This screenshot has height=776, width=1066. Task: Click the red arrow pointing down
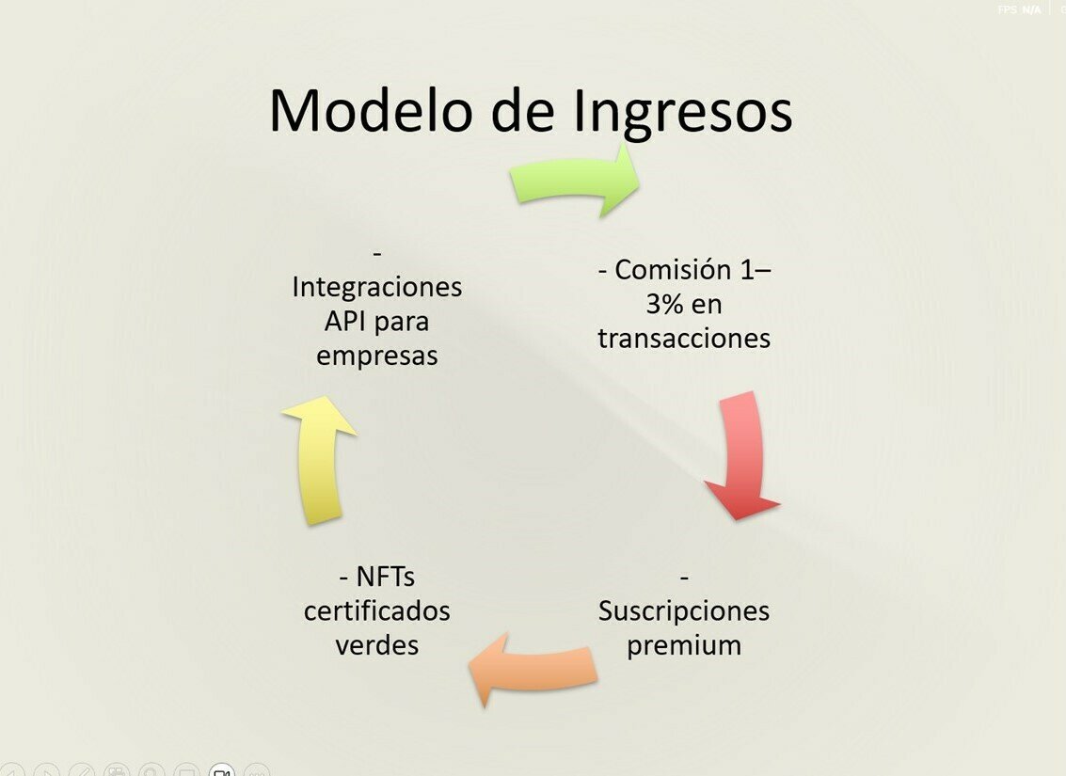pos(742,456)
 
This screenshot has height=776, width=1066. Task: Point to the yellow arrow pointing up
pos(318,459)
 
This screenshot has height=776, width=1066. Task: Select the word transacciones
pos(684,339)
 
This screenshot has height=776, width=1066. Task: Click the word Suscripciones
pos(684,611)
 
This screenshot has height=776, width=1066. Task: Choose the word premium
pos(684,646)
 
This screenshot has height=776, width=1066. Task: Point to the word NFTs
pos(385,576)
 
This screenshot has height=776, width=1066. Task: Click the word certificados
pos(376,611)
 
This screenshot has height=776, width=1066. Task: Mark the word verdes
pos(376,645)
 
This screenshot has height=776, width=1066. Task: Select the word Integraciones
pos(376,287)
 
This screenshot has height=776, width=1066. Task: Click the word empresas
pos(376,356)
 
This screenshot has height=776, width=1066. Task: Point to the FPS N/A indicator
pos(1019,9)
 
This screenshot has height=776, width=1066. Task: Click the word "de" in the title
pos(524,111)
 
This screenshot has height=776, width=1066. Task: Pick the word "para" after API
pos(402,323)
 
